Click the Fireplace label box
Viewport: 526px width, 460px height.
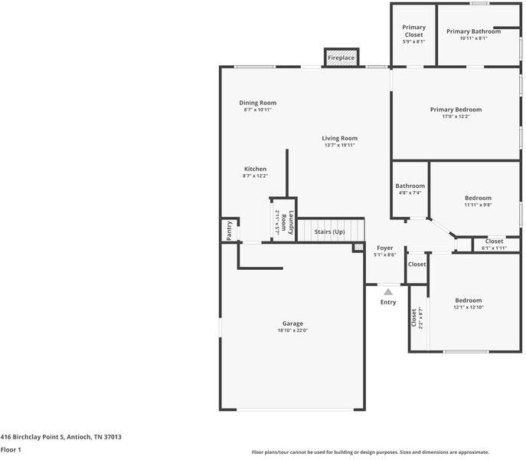[341, 58]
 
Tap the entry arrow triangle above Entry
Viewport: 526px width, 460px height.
[388, 291]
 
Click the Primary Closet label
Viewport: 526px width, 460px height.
[414, 31]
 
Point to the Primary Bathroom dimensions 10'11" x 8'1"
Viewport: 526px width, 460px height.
[474, 38]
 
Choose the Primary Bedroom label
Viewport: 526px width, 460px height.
[456, 110]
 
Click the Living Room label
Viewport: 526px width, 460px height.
[339, 138]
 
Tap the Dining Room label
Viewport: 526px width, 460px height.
[257, 103]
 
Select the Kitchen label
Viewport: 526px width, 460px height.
[255, 169]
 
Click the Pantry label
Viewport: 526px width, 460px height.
[229, 231]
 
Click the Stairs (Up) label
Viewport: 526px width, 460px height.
[329, 232]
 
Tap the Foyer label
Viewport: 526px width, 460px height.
[384, 248]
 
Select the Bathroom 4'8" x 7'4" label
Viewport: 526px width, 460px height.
[410, 186]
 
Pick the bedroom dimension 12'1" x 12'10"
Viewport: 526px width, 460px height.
[468, 307]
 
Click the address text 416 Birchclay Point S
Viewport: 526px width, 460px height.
[60, 436]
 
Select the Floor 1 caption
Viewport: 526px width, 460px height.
[11, 450]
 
